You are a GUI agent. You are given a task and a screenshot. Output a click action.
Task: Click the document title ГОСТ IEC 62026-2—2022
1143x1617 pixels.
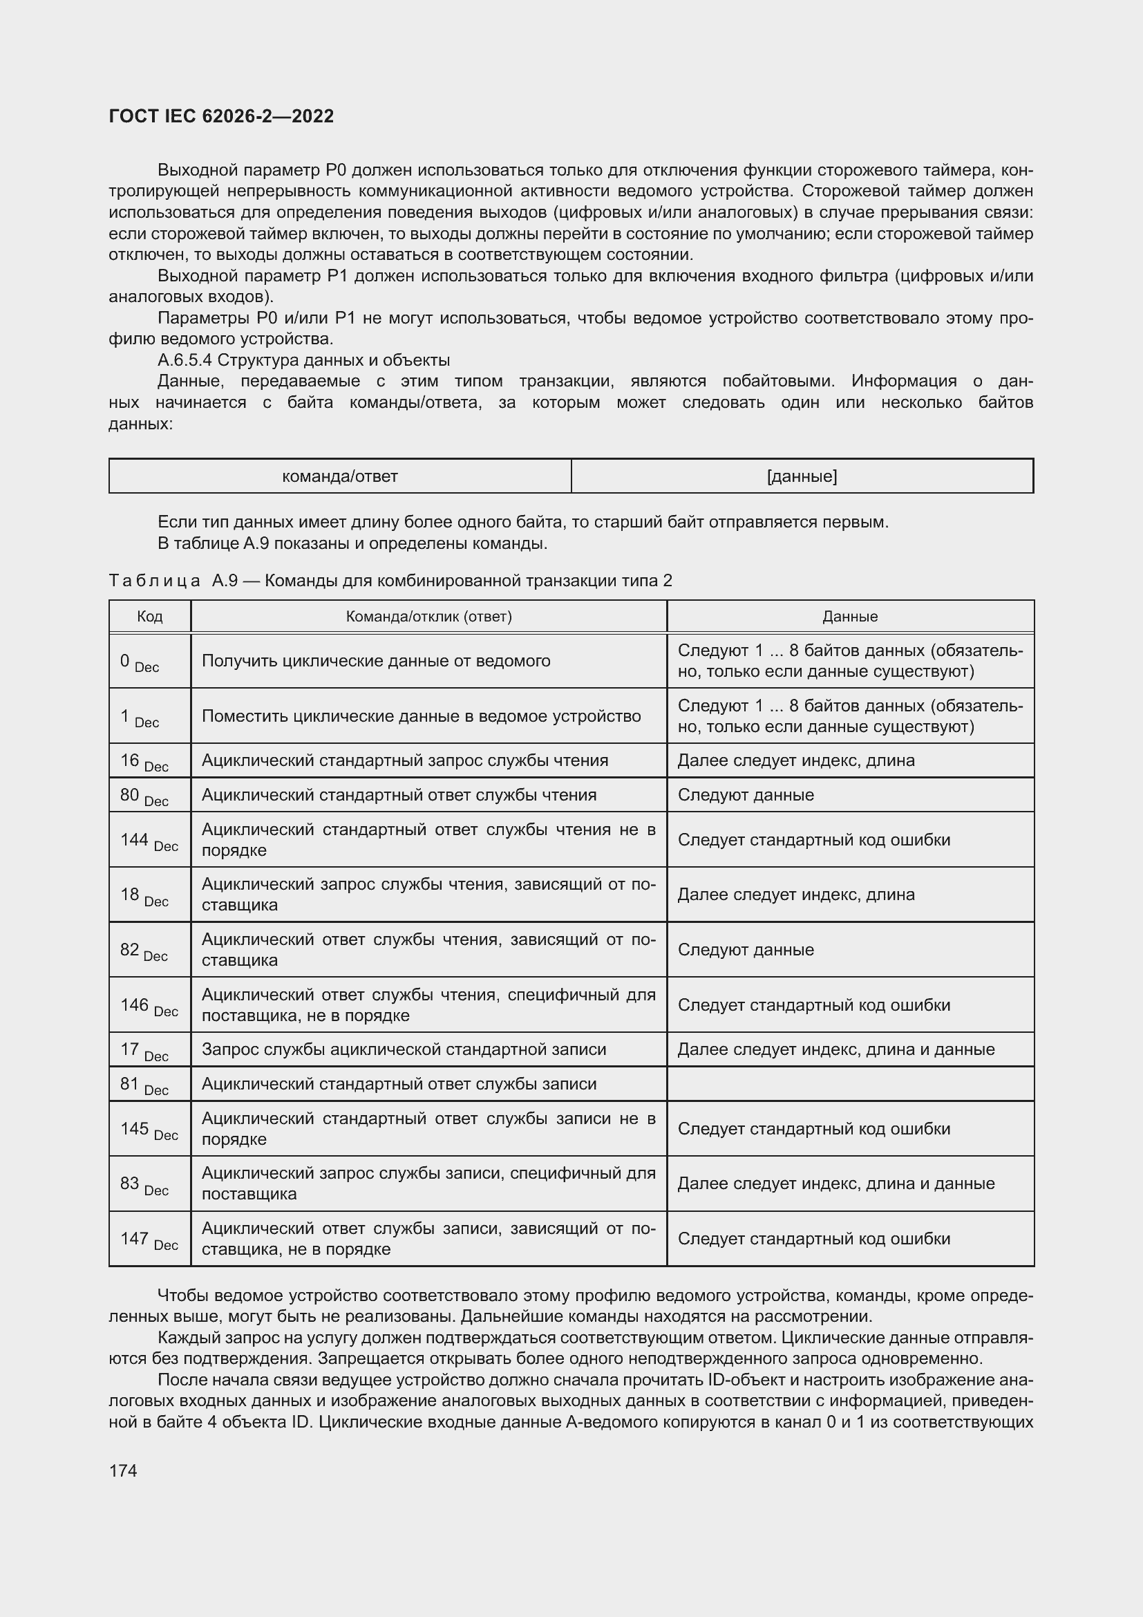click(x=221, y=117)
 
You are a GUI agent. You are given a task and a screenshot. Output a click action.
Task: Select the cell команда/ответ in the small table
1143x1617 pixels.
click(x=340, y=477)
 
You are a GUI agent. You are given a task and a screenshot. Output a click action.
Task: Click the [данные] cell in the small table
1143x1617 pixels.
click(x=802, y=477)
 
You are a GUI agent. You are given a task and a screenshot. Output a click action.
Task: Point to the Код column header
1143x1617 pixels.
click(x=150, y=616)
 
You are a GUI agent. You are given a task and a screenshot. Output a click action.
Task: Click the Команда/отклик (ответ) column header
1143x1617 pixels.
click(x=428, y=616)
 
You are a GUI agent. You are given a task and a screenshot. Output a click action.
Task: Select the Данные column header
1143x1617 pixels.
click(x=849, y=616)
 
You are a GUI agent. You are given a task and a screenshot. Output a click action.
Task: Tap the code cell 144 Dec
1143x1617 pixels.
click(x=149, y=840)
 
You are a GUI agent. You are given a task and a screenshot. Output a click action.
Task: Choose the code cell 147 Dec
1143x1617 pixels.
click(x=149, y=1239)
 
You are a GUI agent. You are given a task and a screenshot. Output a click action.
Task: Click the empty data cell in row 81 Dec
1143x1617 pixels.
click(x=849, y=1084)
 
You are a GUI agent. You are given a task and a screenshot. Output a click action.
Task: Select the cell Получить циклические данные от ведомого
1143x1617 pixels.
click(x=376, y=661)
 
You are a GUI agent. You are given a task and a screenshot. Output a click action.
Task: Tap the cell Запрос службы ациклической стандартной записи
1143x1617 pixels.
click(x=404, y=1049)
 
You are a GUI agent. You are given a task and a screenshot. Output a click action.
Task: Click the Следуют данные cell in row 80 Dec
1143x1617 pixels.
click(x=746, y=795)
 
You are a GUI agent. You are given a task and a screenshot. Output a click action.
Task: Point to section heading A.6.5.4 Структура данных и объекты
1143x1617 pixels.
click(x=303, y=361)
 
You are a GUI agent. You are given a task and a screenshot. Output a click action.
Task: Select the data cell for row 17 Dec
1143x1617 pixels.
click(x=835, y=1049)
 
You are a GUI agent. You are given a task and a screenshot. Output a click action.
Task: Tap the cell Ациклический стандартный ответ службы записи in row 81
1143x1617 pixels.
click(x=398, y=1084)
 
